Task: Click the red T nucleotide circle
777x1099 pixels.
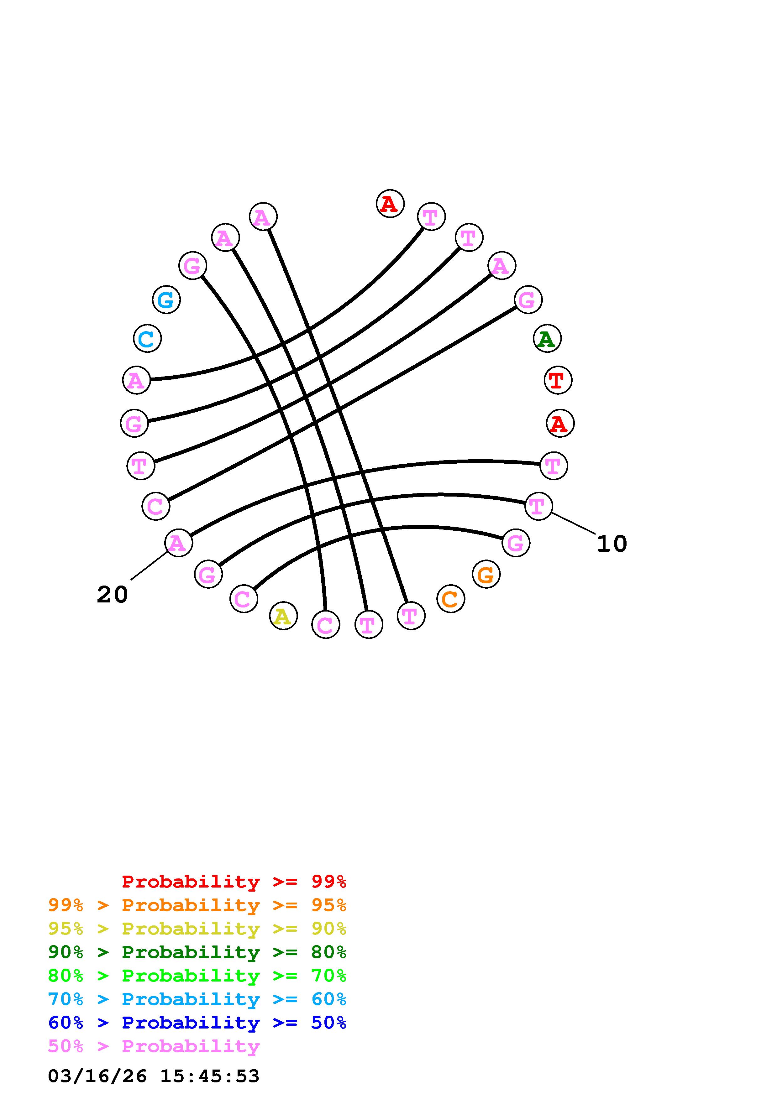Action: coord(558,381)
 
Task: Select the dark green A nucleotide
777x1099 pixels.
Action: coord(547,339)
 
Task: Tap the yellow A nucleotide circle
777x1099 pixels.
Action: coord(283,616)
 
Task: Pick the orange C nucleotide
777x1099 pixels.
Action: coord(450,599)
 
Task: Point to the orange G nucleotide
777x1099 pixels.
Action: coord(486,574)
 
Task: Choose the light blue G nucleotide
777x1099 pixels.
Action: coord(166,300)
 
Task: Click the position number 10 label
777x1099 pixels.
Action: coord(612,544)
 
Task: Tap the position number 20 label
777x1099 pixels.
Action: coord(113,595)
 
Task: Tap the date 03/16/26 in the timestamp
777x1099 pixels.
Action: coord(97,1076)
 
